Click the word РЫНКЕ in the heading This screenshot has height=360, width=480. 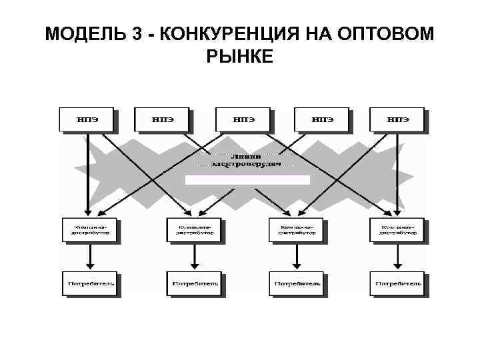[240, 57]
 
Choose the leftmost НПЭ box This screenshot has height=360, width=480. [87, 119]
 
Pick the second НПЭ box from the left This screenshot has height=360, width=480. [162, 119]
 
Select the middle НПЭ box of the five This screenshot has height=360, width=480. [243, 119]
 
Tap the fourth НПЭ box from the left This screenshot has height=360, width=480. [323, 119]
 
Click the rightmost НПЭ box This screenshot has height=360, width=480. [398, 119]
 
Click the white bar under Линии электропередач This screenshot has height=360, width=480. [247, 179]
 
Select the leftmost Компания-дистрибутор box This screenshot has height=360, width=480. [88, 229]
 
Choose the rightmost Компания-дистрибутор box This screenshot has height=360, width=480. [397, 229]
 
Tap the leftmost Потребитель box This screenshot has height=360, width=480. [88, 283]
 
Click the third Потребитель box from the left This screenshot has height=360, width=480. [295, 283]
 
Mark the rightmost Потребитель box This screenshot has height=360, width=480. [397, 283]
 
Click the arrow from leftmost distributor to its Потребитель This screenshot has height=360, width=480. [88, 257]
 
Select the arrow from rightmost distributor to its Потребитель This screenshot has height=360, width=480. [397, 257]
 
